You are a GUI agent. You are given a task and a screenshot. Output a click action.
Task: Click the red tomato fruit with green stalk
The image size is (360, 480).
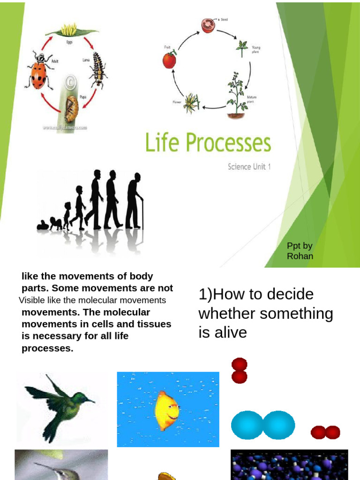point(169,59)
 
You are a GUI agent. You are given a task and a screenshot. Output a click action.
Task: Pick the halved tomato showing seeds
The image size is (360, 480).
point(208,25)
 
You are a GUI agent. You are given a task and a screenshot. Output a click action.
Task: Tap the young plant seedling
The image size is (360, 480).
point(242,47)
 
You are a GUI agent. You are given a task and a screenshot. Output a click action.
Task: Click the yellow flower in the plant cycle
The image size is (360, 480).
point(191,103)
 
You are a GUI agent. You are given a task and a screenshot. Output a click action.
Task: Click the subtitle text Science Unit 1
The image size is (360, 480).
point(249,167)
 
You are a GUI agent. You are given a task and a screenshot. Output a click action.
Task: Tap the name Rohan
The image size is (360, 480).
point(300,256)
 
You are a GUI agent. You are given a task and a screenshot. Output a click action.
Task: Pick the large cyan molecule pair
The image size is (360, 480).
point(263,425)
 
